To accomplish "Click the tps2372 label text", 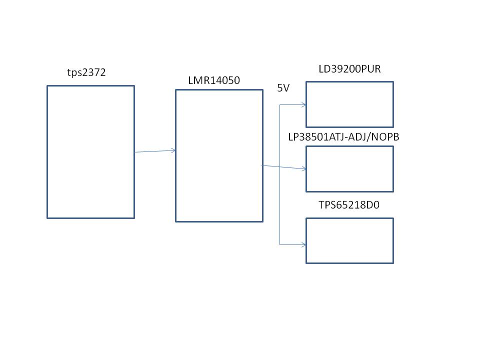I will [86, 72].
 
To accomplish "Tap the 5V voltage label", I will [283, 87].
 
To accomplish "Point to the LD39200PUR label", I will [349, 69].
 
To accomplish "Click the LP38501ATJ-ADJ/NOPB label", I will [343, 136].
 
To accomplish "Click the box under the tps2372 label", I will [90, 151].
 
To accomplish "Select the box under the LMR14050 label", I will [219, 155].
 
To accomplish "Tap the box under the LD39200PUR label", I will [349, 104].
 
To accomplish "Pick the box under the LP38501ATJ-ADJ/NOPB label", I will [349, 169].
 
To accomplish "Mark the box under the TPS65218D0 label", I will [349, 240].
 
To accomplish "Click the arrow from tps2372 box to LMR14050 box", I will [155, 151].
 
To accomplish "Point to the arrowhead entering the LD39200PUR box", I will [303, 104].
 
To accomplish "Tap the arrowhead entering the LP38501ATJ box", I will [303, 169].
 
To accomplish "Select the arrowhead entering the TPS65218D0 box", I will [303, 244].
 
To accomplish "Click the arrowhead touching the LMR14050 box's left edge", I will [173, 150].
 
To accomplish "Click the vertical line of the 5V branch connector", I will [280, 200].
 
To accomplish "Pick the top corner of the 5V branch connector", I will [280, 104].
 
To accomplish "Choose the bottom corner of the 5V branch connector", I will [280, 244].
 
